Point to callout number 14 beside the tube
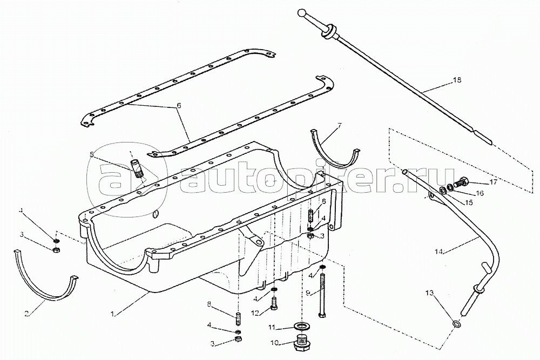439,251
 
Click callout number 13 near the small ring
429,293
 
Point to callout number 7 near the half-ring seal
339,126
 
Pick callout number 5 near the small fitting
92,154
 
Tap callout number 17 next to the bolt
494,182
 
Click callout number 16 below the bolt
480,193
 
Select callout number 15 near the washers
469,202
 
